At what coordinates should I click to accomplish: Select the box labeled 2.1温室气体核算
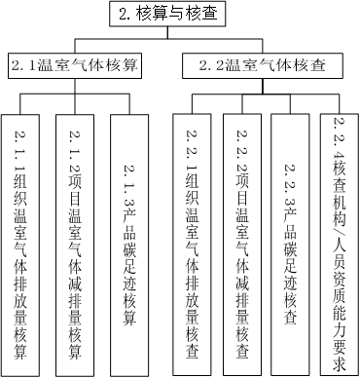click(75, 66)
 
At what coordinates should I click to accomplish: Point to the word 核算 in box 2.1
click(123, 66)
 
